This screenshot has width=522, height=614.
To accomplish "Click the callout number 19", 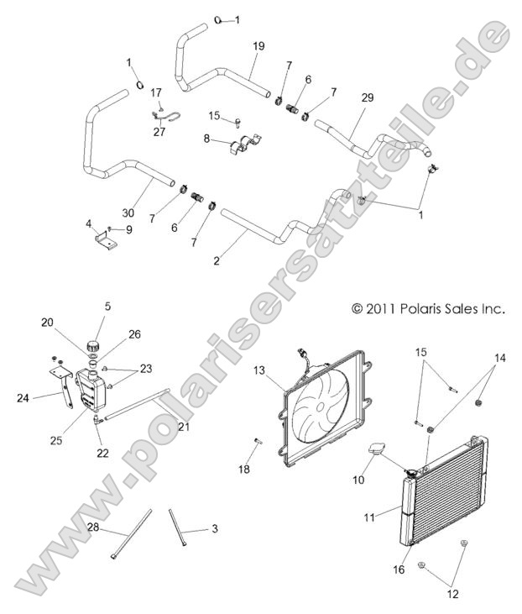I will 258,46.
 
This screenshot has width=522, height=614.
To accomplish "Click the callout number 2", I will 217,261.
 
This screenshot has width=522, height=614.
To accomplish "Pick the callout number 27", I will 158,130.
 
